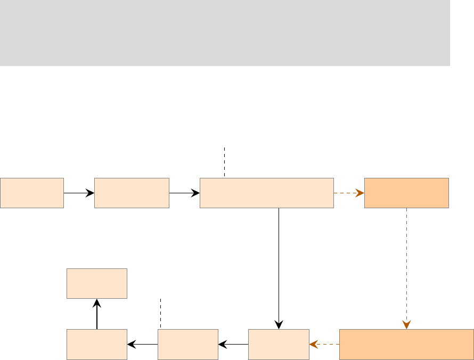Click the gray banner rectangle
[x=225, y=33]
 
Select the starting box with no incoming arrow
[x=32, y=193]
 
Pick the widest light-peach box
[x=266, y=193]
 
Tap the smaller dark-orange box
[x=406, y=193]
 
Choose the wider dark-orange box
[x=406, y=344]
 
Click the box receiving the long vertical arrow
[x=279, y=344]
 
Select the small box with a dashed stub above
[x=188, y=344]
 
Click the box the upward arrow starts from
[x=96, y=344]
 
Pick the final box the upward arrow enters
[x=96, y=283]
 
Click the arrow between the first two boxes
[x=79, y=193]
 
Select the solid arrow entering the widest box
[x=184, y=193]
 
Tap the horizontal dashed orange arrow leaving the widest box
[x=349, y=193]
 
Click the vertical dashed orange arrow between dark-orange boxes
[x=406, y=266]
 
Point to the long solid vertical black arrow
[x=279, y=266]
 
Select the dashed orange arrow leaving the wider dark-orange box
[x=324, y=344]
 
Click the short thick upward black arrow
[x=96, y=314]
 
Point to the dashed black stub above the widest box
[x=225, y=162]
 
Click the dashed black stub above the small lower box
[x=160, y=314]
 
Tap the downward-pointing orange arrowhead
[x=406, y=325]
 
